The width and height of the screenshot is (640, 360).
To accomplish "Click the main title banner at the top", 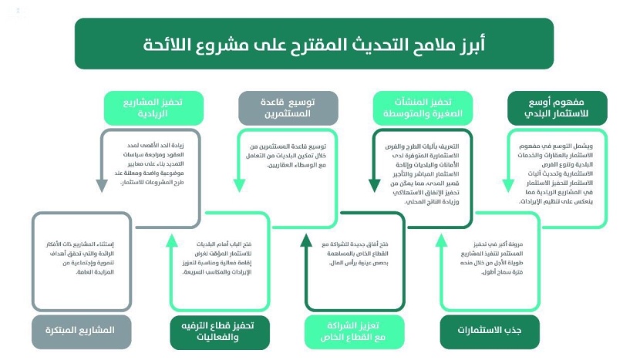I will coord(314,43).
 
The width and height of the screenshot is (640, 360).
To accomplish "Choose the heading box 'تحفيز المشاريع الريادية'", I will coord(153,109).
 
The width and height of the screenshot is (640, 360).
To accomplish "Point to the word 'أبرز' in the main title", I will coord(460,43).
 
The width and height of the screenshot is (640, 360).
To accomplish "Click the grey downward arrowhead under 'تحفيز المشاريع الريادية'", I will coord(101,186).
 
